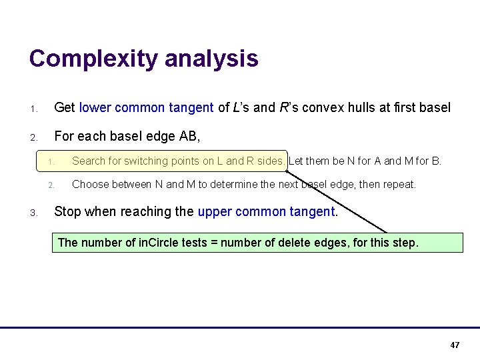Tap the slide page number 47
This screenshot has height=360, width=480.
455,345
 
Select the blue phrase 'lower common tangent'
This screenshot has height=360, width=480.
146,107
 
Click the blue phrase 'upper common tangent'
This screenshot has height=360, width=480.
267,212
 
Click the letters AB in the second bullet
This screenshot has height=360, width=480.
187,137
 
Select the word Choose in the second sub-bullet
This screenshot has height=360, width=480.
90,184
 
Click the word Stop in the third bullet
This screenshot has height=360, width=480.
66,212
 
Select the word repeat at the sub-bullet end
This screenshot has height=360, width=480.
399,184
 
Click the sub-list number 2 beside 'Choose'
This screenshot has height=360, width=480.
51,185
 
